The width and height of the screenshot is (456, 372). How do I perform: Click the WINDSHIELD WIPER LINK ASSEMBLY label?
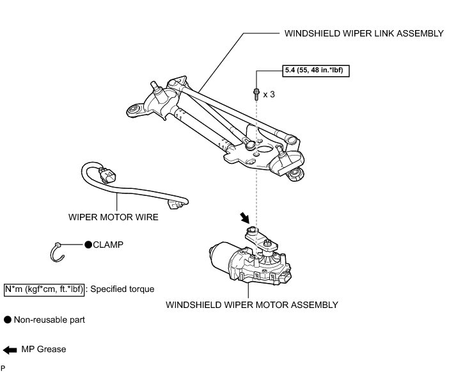tap(363, 34)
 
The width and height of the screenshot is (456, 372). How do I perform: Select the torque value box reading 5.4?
tap(315, 71)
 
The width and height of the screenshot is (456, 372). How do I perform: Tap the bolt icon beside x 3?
tap(256, 93)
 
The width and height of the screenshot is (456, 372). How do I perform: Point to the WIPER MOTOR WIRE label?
tap(113, 217)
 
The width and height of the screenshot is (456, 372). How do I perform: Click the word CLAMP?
tap(108, 245)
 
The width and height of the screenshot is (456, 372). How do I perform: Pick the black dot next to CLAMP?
tap(88, 245)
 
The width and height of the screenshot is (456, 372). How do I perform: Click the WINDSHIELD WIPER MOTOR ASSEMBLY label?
tap(251, 305)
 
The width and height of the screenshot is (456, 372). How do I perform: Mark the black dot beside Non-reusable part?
tap(8, 319)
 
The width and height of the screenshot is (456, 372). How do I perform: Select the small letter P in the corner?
tap(3, 368)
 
